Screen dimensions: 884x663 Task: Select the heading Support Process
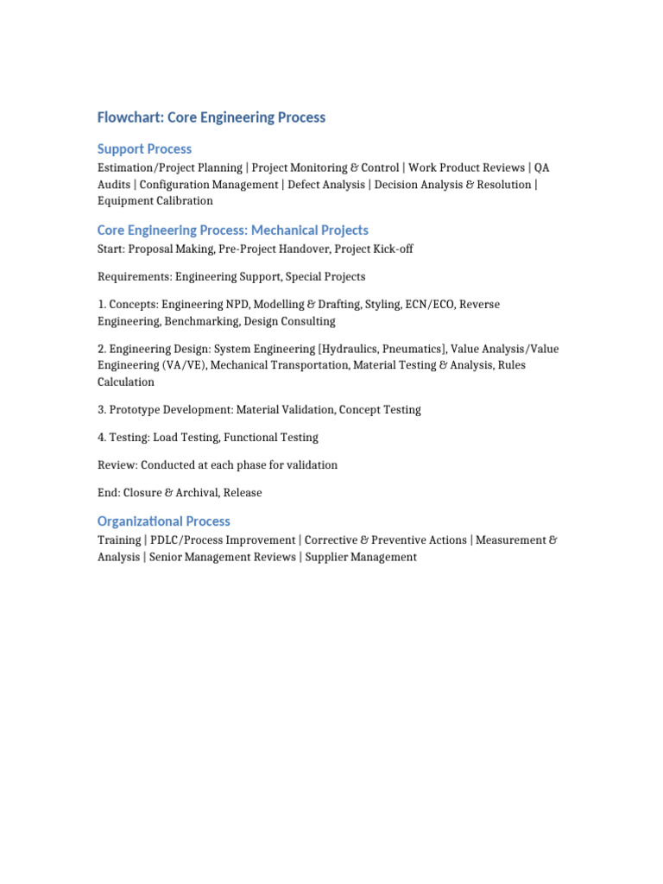pos(144,149)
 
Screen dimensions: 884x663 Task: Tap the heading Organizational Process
pos(164,521)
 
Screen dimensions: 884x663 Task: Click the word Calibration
pos(184,201)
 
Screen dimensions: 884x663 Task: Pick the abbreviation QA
pos(541,167)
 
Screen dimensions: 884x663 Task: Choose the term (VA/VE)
pos(183,365)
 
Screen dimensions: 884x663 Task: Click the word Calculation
pos(126,382)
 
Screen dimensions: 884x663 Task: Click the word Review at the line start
pos(117,465)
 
